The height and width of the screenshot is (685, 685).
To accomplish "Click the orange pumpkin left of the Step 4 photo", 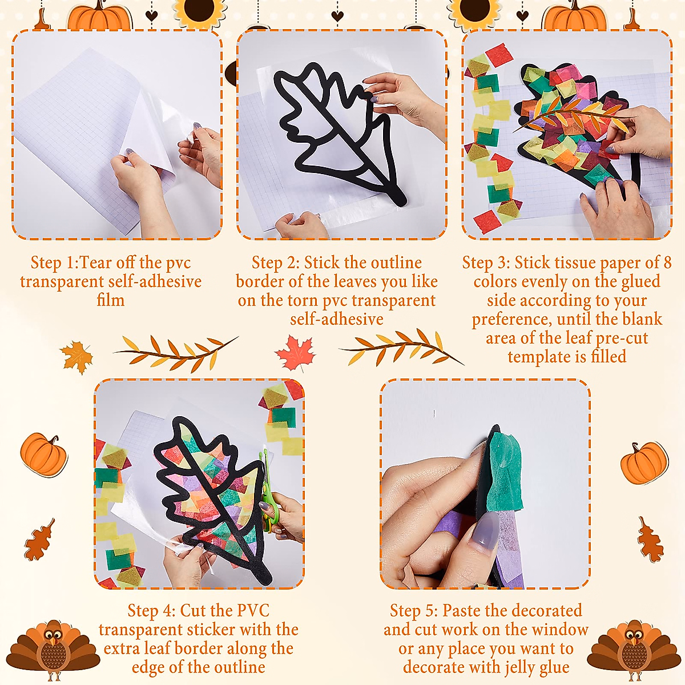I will [x=43, y=454].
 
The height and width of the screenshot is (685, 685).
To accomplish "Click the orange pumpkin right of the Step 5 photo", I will [x=644, y=462].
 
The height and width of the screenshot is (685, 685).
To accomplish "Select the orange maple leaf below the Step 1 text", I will [x=77, y=357].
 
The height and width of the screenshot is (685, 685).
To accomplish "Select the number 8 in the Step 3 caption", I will [x=667, y=263].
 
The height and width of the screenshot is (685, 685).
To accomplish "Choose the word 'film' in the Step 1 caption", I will [x=111, y=300].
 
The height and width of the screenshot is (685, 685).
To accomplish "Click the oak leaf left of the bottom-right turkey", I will [x=650, y=540].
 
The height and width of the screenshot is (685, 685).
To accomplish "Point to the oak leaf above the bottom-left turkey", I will [x=40, y=539].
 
